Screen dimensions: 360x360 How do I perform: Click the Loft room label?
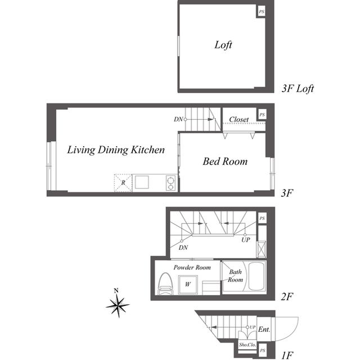[223, 45]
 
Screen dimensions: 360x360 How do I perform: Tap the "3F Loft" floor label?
[298, 89]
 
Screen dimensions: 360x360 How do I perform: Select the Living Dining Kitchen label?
[116, 150]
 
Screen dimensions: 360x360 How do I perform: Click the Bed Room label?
[225, 161]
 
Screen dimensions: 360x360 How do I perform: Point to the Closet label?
[238, 119]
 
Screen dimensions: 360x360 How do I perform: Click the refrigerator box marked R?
[123, 183]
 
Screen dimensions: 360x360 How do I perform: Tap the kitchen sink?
[142, 182]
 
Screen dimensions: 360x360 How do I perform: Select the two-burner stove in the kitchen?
[170, 183]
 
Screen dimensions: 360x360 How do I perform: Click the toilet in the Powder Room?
[165, 283]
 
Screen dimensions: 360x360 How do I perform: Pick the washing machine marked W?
[188, 285]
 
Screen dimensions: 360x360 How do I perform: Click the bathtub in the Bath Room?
[257, 276]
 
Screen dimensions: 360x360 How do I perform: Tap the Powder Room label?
[192, 268]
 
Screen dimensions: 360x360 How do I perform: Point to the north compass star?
[118, 305]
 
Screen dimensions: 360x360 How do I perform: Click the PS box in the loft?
[262, 11]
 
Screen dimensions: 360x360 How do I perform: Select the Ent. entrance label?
[264, 330]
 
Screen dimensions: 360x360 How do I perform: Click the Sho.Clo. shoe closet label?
[247, 345]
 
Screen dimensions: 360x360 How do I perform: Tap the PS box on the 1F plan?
[263, 350]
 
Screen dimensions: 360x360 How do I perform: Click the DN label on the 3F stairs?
[178, 119]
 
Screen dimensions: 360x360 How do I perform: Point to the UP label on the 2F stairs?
[246, 240]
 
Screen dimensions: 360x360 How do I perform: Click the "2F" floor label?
[287, 296]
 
